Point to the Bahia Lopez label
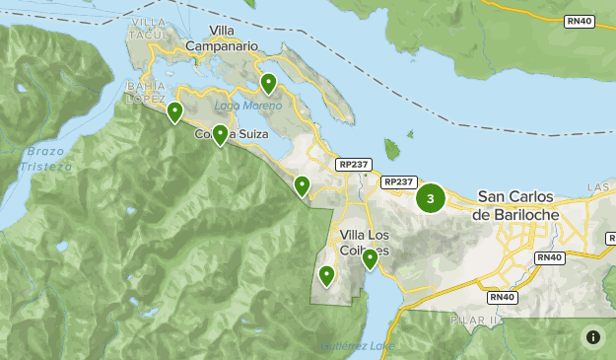click(145, 92)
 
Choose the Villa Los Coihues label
click(363, 243)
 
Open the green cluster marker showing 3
click(430, 198)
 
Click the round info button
click(592, 336)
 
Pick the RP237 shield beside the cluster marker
click(398, 181)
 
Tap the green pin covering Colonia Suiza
click(221, 134)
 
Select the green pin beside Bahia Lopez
click(174, 111)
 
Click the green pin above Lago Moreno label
click(268, 83)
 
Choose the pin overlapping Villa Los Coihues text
click(370, 258)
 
